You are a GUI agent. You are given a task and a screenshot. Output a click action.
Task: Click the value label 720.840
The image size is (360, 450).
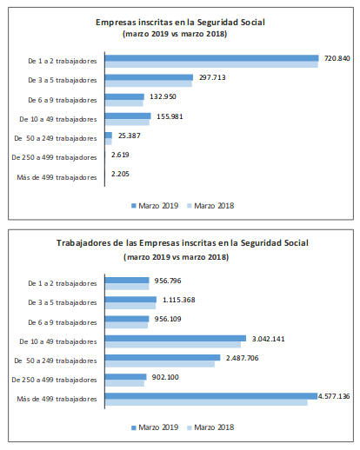click(337, 58)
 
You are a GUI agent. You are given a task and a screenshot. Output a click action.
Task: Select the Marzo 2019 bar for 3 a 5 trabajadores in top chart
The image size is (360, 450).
click(149, 77)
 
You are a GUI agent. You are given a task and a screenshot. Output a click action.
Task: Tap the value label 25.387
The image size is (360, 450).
click(130, 136)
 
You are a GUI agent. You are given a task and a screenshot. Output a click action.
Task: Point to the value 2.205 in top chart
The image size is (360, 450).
click(120, 174)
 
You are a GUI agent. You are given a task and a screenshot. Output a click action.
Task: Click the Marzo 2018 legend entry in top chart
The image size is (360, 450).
click(210, 206)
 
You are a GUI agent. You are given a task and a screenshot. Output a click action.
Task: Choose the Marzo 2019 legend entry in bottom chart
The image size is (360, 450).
click(155, 427)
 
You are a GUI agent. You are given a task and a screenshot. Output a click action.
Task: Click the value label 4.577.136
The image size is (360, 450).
click(334, 396)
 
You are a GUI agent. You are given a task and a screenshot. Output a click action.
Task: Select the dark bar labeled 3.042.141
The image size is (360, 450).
click(176, 338)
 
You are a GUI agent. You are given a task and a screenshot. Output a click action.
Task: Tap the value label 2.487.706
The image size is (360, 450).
click(243, 358)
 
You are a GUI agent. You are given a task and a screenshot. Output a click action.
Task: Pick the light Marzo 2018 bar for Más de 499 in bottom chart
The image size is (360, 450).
click(206, 402)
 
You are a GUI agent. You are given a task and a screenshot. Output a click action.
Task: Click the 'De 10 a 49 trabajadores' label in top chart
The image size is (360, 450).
click(58, 119)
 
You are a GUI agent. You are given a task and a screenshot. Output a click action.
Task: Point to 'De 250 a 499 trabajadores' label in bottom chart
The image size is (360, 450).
click(54, 380)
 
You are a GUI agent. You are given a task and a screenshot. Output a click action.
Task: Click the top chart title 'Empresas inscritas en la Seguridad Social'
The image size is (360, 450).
click(180, 23)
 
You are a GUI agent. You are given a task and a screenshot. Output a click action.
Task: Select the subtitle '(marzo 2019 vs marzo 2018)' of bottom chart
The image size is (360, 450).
click(176, 257)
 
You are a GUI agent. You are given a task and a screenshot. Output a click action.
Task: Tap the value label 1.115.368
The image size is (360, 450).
click(179, 300)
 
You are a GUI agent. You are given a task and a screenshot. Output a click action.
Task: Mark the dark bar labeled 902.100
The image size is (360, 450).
click(126, 377)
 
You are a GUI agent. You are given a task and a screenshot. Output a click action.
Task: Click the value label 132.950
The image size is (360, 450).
click(163, 96)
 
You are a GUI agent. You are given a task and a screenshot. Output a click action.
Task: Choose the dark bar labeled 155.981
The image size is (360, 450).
click(128, 116)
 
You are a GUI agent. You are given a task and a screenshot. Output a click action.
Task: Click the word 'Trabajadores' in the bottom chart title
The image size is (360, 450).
click(84, 243)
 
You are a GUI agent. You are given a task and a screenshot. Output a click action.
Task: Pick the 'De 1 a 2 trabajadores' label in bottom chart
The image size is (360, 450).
click(63, 283)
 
